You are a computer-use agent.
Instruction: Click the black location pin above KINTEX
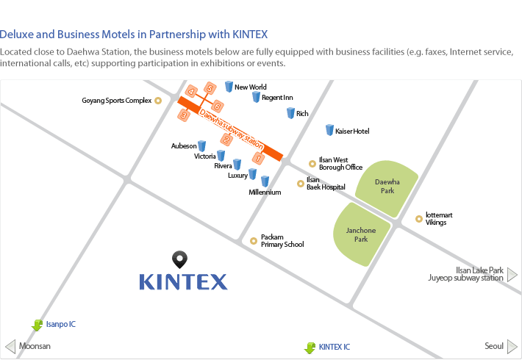180,259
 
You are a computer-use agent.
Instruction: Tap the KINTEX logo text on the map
183,282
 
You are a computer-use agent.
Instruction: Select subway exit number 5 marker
210,88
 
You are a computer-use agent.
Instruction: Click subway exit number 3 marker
183,115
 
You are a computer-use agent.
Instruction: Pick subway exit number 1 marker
258,159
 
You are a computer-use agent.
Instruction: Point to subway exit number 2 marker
226,140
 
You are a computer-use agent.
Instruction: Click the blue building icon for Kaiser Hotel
329,130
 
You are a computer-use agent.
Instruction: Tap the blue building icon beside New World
229,87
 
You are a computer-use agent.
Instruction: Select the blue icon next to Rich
290,113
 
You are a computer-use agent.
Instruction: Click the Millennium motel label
265,192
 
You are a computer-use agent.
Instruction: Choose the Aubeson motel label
184,146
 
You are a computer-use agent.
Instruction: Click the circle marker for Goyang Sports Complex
158,101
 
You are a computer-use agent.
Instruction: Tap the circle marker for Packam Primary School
254,241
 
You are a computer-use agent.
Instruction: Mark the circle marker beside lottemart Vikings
419,219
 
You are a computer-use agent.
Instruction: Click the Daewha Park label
387,187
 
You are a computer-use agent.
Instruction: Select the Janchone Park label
361,234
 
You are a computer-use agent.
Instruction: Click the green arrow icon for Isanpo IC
37,325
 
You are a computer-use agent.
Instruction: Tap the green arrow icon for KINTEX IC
310,348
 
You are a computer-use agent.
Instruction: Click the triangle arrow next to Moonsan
10,347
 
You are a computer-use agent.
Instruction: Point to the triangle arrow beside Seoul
512,347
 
